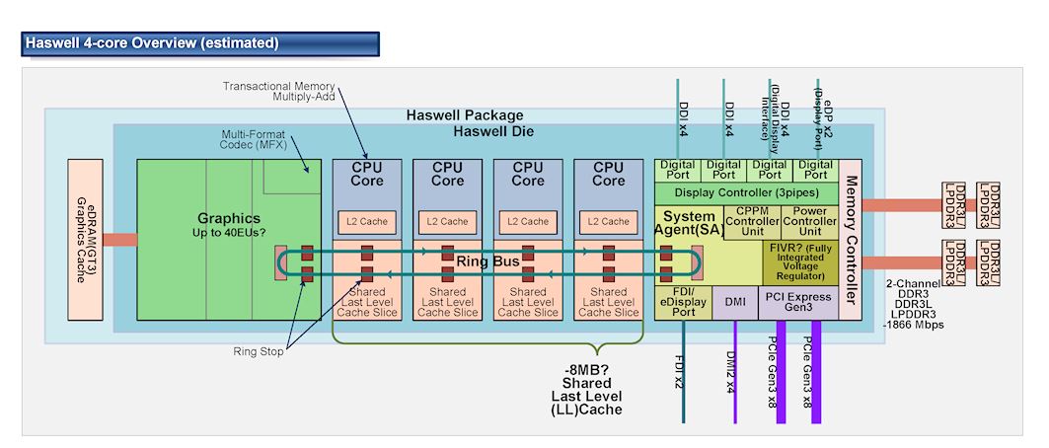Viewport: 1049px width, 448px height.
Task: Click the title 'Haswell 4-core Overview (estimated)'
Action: (x=152, y=43)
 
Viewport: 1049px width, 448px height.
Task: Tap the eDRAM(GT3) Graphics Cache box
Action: (x=85, y=239)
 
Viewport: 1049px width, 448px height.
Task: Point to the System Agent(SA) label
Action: (x=690, y=223)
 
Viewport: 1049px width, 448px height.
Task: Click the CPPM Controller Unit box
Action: (x=752, y=222)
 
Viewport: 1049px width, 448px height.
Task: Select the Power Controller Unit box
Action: (x=809, y=222)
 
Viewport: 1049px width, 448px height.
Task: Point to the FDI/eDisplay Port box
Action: (x=683, y=303)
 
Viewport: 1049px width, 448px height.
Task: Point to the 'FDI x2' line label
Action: (x=680, y=367)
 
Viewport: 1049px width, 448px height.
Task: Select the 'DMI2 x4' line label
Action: (x=731, y=371)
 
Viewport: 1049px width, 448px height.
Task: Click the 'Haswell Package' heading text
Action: (x=465, y=115)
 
